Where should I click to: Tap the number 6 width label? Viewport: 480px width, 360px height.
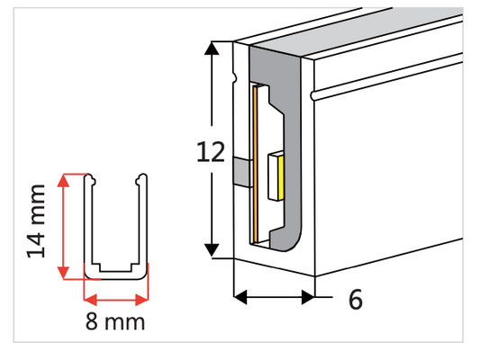tap(355, 301)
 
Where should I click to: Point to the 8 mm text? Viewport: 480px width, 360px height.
tap(114, 321)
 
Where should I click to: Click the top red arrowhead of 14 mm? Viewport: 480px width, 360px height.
tap(62, 180)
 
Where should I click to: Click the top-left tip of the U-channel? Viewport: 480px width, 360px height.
tap(90, 177)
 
